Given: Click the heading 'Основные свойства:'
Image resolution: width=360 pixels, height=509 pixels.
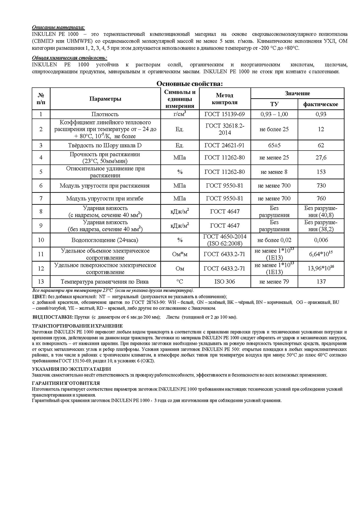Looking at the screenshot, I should click(189, 84).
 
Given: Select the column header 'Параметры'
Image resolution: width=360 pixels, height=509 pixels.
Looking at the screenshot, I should click(105, 99).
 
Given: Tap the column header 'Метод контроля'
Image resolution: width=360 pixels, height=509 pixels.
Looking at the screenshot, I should click(225, 99).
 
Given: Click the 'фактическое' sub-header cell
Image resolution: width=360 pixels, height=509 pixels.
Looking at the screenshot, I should click(321, 104).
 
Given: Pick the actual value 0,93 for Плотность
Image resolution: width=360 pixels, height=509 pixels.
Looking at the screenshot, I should click(321, 114).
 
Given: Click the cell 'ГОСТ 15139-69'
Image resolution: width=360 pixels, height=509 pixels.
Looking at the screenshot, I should click(225, 114).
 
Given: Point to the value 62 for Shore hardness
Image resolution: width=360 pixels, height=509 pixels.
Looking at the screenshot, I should click(321, 146).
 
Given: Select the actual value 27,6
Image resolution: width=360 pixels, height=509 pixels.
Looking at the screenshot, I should click(321, 157).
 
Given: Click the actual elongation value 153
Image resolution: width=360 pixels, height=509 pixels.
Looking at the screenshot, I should click(321, 172).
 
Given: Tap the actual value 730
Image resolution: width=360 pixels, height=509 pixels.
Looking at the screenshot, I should click(321, 186).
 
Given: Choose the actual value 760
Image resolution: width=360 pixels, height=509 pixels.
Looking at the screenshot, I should click(321, 198).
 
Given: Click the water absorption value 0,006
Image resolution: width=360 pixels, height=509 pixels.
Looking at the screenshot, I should click(321, 240).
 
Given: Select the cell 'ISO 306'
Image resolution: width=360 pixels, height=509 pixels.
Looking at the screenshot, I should click(225, 282).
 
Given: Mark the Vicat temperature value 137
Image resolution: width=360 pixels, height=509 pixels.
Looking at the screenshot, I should click(321, 282).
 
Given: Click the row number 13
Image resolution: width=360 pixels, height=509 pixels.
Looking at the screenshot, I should click(41, 282).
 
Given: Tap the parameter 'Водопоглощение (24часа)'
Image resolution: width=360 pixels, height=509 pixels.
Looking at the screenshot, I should click(105, 240).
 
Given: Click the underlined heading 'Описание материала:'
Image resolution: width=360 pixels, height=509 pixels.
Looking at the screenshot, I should click(58, 27).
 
